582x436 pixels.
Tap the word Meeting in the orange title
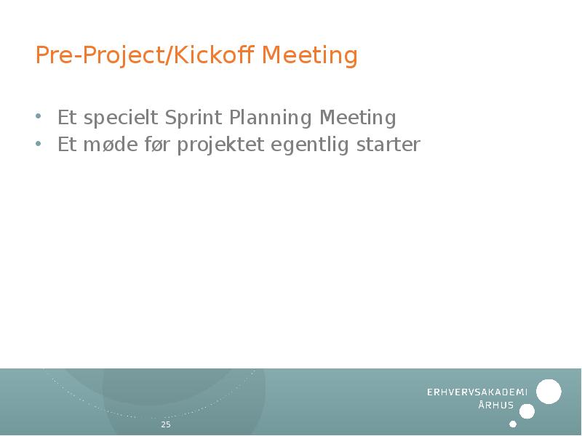[x=310, y=56]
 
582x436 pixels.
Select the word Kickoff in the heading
[x=214, y=56]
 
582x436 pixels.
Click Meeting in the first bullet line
[x=358, y=118]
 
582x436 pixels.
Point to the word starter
[x=388, y=145]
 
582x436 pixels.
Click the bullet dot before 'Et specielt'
[x=39, y=116]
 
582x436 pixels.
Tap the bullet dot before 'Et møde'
[x=39, y=144]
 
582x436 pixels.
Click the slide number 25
[x=166, y=424]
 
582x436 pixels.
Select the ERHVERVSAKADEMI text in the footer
[x=477, y=392]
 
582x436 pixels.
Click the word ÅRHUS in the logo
[x=496, y=405]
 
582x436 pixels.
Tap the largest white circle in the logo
[x=549, y=392]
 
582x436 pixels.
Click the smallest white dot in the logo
[x=513, y=424]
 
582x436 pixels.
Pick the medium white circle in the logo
[x=527, y=411]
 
